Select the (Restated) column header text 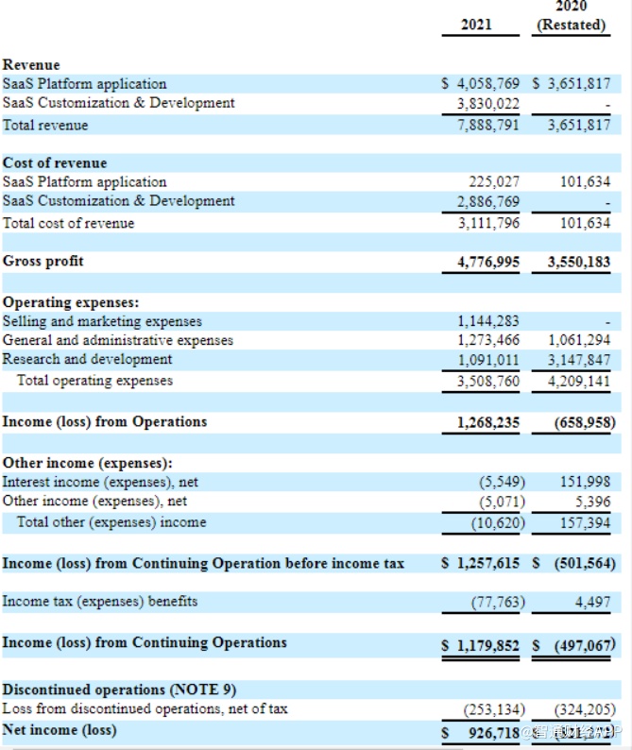pos(571,25)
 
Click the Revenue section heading pos(31,64)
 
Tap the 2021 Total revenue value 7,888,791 pos(487,125)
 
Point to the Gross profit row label pos(43,261)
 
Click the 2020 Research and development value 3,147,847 pos(579,359)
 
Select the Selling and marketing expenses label pos(102,321)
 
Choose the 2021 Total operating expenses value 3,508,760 pos(487,382)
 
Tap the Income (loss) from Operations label pos(105,421)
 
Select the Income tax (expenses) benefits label pos(100,601)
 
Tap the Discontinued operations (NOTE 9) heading pos(111,690)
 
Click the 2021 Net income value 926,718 pos(493,732)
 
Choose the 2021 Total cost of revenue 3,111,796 pos(487,223)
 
